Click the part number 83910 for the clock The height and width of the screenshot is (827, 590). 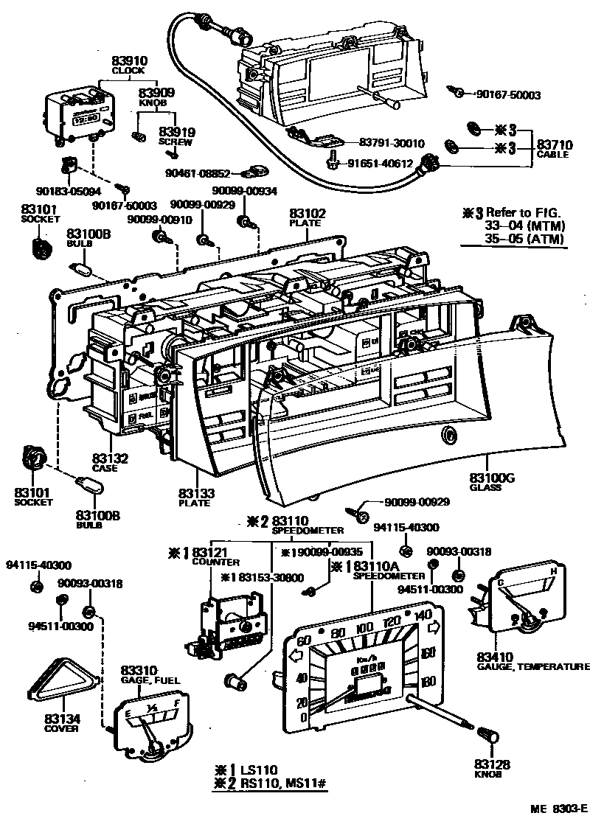[130, 61]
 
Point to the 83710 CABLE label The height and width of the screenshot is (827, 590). [554, 149]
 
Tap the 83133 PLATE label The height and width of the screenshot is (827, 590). [195, 497]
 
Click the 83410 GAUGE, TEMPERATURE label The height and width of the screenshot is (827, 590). [531, 661]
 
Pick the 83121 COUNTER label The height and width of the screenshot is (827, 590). [196, 556]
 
